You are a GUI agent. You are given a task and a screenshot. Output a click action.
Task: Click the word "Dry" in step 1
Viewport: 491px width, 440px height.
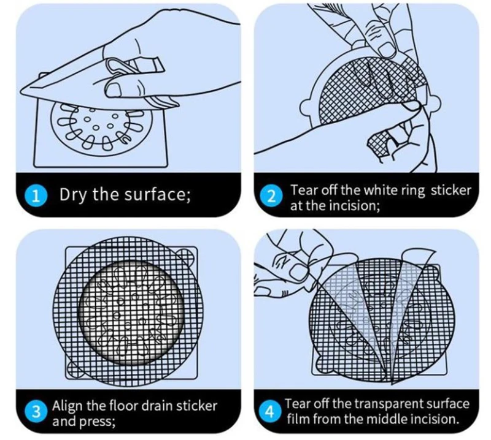[74, 196]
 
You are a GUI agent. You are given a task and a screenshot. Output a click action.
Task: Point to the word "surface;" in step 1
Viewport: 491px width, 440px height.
[156, 196]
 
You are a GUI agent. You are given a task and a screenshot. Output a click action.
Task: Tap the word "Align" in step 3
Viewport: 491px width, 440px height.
[67, 406]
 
